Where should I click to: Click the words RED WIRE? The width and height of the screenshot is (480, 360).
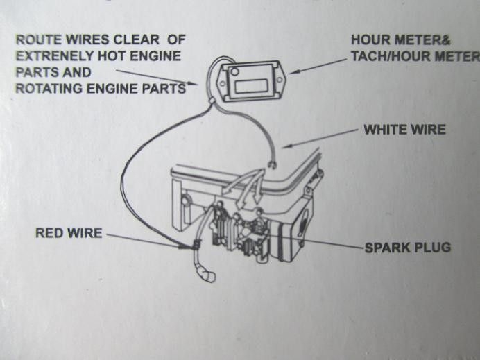(68, 233)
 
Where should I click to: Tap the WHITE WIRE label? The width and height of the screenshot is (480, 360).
(404, 130)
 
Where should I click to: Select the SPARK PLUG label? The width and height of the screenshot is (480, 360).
(407, 247)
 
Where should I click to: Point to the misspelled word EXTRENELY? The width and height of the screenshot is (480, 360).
(53, 56)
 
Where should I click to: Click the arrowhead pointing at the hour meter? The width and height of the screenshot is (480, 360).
(292, 71)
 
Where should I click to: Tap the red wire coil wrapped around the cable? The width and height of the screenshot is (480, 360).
(196, 244)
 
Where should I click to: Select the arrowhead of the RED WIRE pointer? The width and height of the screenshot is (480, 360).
(188, 246)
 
